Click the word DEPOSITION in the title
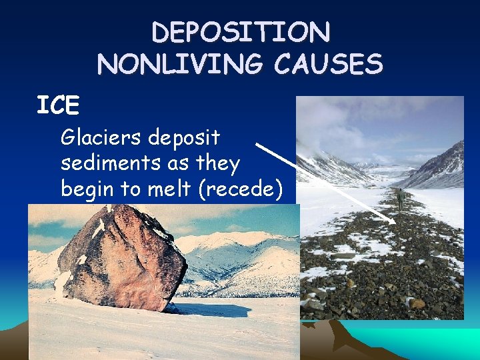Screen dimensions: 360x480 (x=240, y=32)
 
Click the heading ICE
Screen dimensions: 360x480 (x=58, y=105)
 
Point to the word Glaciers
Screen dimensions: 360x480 (x=102, y=138)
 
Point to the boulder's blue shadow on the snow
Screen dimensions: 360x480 (x=200, y=309)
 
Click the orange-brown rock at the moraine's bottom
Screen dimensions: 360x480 (x=416, y=303)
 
